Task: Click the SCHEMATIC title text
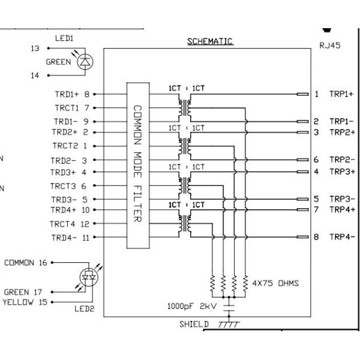pyautogui.click(x=209, y=41)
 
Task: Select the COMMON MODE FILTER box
pyautogui.click(x=137, y=165)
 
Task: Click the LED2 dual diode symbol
pyautogui.click(x=88, y=277)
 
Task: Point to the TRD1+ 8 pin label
pyautogui.click(x=72, y=94)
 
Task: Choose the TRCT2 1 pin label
pyautogui.click(x=70, y=146)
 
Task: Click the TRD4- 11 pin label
pyautogui.click(x=71, y=238)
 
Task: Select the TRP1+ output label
pyautogui.click(x=341, y=94)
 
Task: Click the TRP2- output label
pyautogui.click(x=341, y=160)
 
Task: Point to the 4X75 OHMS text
pyautogui.click(x=276, y=283)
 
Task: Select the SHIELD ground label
pyautogui.click(x=194, y=325)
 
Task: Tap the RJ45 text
pyautogui.click(x=330, y=46)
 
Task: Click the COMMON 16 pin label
pyautogui.click(x=26, y=262)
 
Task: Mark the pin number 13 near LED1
pyautogui.click(x=35, y=49)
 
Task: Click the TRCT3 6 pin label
pyautogui.click(x=70, y=187)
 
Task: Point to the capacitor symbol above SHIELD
pyautogui.click(x=228, y=308)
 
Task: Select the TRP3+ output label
pyautogui.click(x=341, y=172)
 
